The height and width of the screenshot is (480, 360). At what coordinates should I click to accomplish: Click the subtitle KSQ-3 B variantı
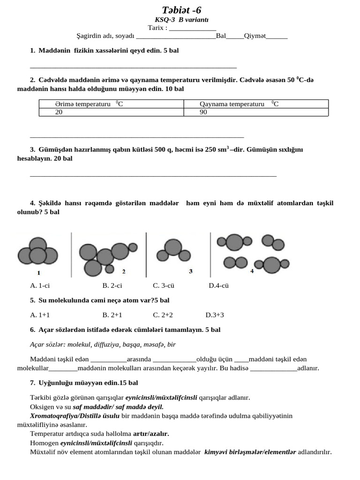coord(181,20)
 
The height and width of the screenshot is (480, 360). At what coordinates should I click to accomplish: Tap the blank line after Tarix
coord(192,28)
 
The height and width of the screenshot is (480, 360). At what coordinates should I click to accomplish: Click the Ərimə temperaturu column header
coord(89,104)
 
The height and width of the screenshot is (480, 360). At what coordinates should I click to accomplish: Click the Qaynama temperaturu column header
coord(239,104)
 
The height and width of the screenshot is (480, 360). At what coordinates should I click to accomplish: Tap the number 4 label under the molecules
coord(252,271)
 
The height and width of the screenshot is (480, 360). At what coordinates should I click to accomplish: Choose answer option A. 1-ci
coord(40,285)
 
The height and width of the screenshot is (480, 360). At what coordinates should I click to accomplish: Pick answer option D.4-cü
coord(218,285)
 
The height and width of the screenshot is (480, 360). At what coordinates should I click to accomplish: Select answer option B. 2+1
coord(112,315)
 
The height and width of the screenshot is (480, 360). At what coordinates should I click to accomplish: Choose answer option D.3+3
coord(215,315)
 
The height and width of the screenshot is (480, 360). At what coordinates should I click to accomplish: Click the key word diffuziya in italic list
coord(106,345)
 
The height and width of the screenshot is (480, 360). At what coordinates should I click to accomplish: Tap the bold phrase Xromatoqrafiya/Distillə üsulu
coord(75,416)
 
